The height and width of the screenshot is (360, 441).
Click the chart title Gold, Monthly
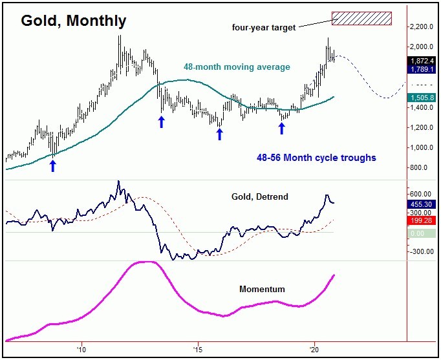74,21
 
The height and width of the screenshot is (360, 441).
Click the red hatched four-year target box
361,19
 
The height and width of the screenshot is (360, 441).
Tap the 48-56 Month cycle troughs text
313,158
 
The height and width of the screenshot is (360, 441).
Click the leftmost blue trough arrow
53,166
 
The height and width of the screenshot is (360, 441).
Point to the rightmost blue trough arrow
281,128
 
